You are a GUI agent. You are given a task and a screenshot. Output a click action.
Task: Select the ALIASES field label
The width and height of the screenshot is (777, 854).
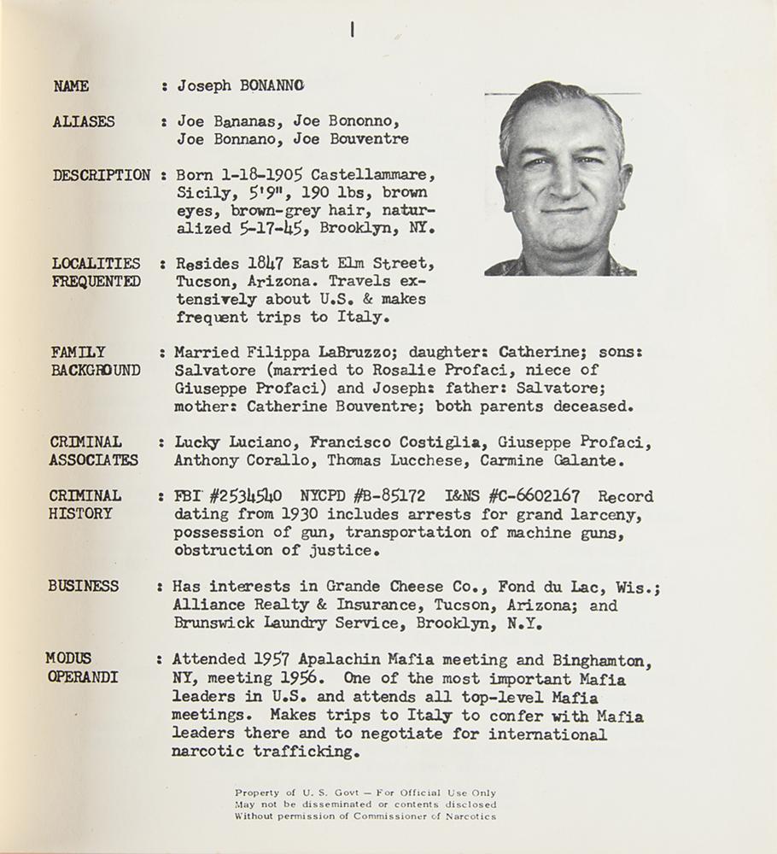coord(84,122)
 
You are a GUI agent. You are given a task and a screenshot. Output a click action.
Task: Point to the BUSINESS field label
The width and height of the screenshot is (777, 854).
coord(84,587)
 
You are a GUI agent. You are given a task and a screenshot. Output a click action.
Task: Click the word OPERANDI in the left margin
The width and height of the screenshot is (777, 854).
coord(81,677)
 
